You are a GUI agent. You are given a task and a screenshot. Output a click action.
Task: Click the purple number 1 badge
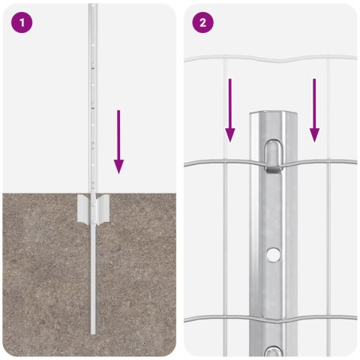pyautogui.click(x=22, y=22)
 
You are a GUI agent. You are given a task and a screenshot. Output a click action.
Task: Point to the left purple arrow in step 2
pyautogui.click(x=230, y=109)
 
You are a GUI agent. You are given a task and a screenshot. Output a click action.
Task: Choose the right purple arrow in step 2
pyautogui.click(x=314, y=109)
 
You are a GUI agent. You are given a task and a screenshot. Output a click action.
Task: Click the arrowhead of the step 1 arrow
pyautogui.click(x=118, y=166)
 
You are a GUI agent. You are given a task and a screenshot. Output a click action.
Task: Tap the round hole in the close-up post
pyautogui.click(x=274, y=256)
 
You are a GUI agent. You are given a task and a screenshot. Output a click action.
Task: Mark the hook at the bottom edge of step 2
pyautogui.click(x=274, y=350)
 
